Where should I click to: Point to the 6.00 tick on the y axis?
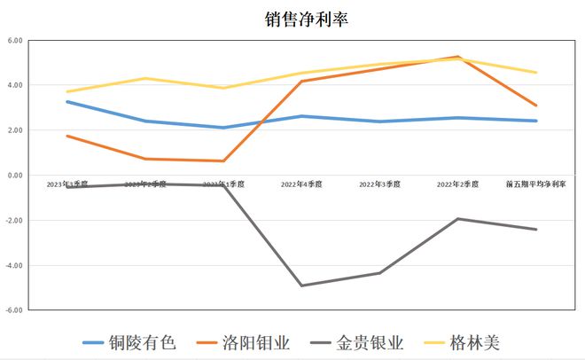[x=15, y=41]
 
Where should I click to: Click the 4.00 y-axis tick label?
[x=15, y=85]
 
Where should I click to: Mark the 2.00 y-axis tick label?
[x=15, y=130]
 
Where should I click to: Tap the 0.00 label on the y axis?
[x=15, y=176]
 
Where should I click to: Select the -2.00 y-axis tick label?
[x=14, y=220]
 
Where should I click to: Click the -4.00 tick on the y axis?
[x=14, y=265]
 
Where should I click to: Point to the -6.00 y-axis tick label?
[x=14, y=310]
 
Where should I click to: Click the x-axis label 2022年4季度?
[x=301, y=184]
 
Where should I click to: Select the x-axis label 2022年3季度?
[x=379, y=184]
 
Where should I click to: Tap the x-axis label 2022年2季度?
[x=457, y=184]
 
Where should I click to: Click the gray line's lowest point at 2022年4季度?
[x=301, y=286]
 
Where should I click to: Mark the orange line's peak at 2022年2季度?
[x=458, y=57]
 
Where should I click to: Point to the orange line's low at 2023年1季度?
[x=223, y=160]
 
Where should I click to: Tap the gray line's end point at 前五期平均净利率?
[x=536, y=230]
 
